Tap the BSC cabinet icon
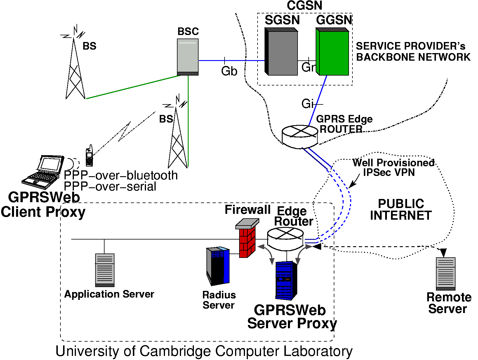pos(188,57)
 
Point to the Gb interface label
pos(229,71)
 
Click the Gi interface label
pos(307,104)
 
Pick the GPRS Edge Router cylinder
pos(300,137)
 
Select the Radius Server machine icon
pos(218,266)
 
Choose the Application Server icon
pos(105,270)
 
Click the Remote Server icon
pos(446,273)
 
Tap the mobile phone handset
pos(89,156)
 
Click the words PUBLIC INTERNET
pos(401,210)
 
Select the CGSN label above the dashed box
pos(305,6)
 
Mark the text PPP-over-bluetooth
pos(121,175)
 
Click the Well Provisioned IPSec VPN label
pos(393,167)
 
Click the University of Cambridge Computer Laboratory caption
pos(204,351)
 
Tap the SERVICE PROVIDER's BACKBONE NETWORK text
pos(413,52)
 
